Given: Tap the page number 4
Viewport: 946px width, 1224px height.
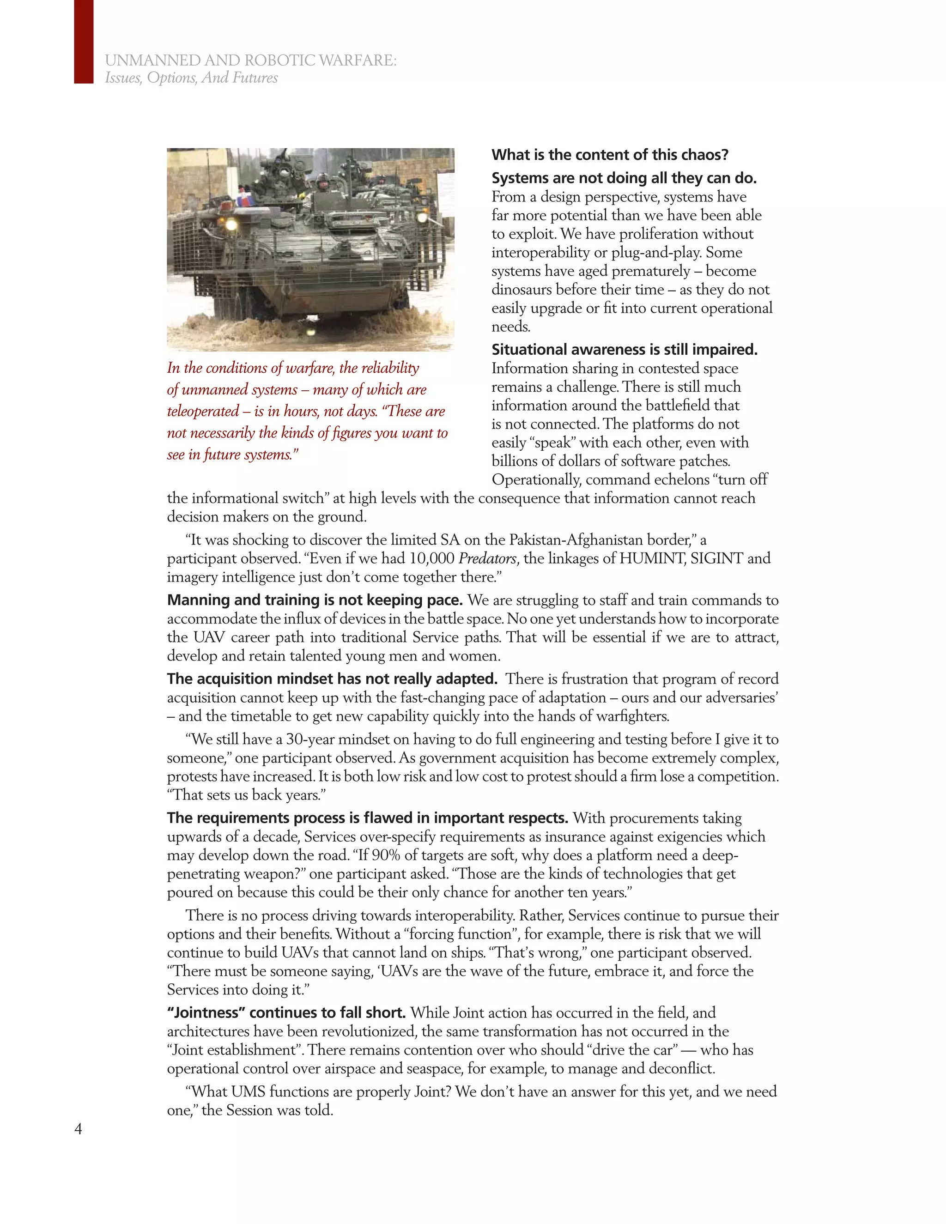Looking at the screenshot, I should pyautogui.click(x=78, y=1128).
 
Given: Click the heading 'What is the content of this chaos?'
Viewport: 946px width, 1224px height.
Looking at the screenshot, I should pyautogui.click(x=610, y=155).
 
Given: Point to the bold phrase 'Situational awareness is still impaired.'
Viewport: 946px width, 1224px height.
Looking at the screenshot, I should pyautogui.click(x=625, y=350).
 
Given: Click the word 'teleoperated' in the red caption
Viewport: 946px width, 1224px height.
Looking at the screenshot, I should pyautogui.click(x=202, y=412).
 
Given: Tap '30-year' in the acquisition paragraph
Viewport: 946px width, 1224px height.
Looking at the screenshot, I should pyautogui.click(x=310, y=739).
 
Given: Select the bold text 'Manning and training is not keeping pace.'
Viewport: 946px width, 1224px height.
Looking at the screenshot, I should pyautogui.click(x=315, y=600).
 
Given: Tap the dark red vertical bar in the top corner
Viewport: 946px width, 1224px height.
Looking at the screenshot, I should pyautogui.click(x=84, y=42).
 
